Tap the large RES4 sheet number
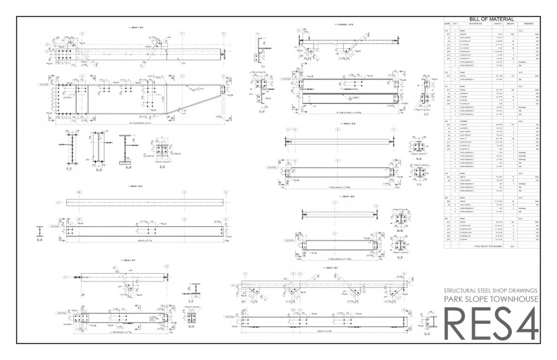pos(490,323)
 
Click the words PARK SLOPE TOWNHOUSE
pos(491,299)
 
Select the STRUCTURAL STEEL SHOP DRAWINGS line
pos(491,290)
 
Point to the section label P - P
pos(69,167)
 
